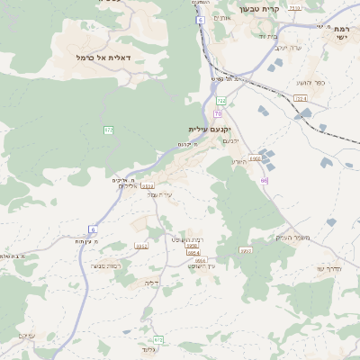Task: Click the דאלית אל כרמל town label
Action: click(104, 57)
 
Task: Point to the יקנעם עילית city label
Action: click(209, 130)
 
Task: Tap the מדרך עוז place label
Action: click(331, 268)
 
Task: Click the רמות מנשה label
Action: click(106, 265)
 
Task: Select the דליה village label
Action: click(151, 283)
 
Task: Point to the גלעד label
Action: click(149, 348)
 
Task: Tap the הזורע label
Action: click(238, 162)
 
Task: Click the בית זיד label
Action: click(268, 36)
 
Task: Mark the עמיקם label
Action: click(26, 336)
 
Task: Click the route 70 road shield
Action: click(218, 114)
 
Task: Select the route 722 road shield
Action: click(220, 102)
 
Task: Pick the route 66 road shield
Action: click(264, 181)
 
